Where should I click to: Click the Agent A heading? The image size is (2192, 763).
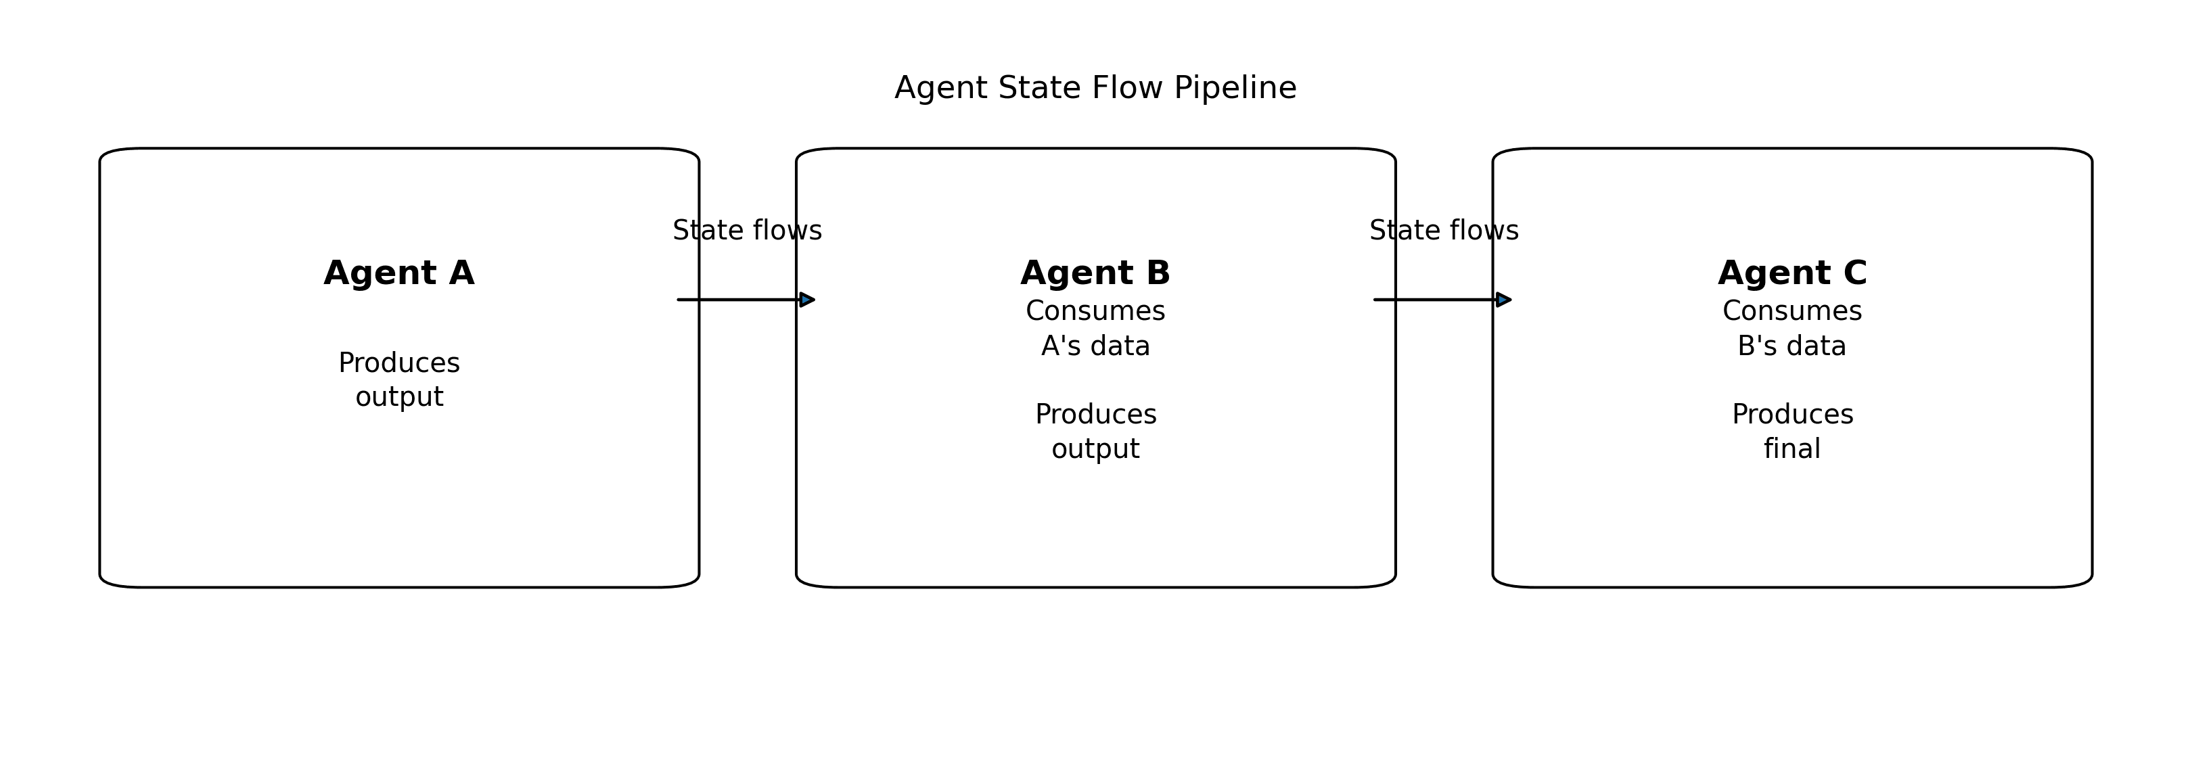tap(398, 273)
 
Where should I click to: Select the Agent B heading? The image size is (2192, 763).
tap(1095, 273)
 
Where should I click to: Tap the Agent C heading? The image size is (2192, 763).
tap(1792, 273)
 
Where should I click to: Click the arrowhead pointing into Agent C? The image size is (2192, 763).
tap(1503, 300)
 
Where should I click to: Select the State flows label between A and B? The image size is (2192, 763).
tap(747, 231)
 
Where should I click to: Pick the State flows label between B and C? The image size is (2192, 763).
tap(1443, 231)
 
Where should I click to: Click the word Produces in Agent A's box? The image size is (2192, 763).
tap(398, 363)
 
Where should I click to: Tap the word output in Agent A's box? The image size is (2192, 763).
tap(398, 397)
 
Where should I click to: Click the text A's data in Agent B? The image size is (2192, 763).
tap(1095, 346)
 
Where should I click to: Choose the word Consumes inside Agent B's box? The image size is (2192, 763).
tap(1095, 311)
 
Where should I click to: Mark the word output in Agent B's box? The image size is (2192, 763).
tap(1095, 449)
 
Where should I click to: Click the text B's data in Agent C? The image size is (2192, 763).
tap(1791, 346)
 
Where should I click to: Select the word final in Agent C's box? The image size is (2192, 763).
tap(1791, 449)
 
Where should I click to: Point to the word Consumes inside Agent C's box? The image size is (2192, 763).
tap(1791, 311)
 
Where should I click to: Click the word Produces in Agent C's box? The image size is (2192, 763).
tap(1792, 415)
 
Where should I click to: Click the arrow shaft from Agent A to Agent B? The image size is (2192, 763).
tap(737, 300)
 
